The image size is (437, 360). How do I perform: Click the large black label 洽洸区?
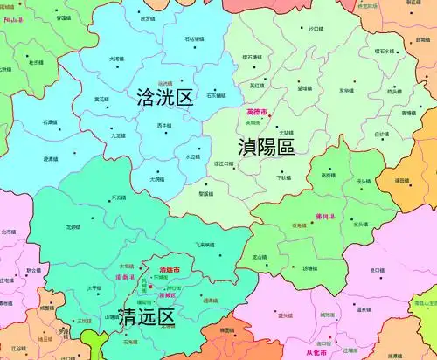(164, 98)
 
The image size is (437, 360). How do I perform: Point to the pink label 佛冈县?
(325, 214)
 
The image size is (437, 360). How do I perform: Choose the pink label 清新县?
(128, 277)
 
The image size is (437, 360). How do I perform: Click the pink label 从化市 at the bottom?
(316, 352)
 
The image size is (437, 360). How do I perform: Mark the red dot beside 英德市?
(270, 115)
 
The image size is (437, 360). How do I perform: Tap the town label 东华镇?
(346, 90)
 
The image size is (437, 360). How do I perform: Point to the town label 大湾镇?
(116, 59)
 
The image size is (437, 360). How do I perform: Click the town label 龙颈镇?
(74, 226)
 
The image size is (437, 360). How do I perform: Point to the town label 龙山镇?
(260, 257)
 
